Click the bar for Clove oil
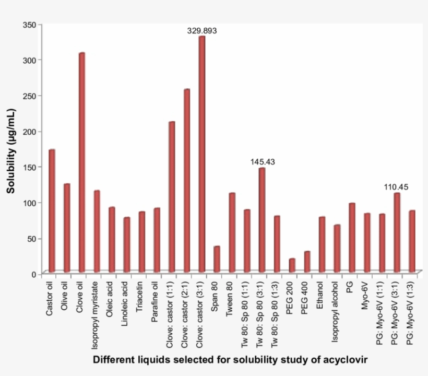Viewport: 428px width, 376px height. [81, 162]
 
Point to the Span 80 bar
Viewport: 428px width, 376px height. [217, 259]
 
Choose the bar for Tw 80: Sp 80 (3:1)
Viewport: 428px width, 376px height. [261, 220]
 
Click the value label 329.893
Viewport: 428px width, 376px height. [202, 31]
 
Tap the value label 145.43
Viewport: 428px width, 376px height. [262, 162]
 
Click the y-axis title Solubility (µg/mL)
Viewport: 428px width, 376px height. [10, 151]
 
